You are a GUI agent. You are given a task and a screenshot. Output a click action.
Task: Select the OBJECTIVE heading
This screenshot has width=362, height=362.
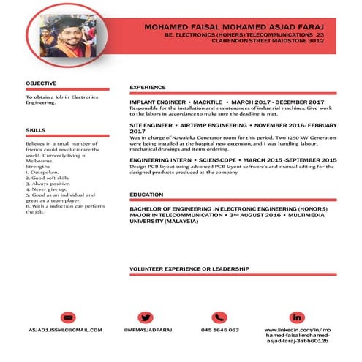pyautogui.click(x=40, y=84)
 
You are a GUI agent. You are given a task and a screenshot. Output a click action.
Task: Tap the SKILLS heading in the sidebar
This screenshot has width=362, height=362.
pyautogui.click(x=35, y=130)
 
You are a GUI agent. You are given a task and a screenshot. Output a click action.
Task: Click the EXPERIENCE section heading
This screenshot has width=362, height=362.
pyautogui.click(x=148, y=88)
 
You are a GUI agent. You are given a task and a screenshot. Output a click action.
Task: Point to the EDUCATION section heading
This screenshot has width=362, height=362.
pyautogui.click(x=146, y=194)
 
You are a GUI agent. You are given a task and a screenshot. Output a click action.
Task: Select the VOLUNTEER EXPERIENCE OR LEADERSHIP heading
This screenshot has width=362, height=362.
pyautogui.click(x=189, y=269)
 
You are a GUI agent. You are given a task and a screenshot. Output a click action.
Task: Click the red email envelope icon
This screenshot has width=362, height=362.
pyautogui.click(x=68, y=317)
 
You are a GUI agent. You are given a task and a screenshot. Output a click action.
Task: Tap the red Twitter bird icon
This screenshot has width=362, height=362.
pyautogui.click(x=145, y=317)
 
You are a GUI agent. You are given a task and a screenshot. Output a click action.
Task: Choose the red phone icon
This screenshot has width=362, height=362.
pyautogui.click(x=219, y=317)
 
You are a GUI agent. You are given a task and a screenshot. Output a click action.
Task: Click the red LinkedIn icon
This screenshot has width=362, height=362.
pyautogui.click(x=296, y=317)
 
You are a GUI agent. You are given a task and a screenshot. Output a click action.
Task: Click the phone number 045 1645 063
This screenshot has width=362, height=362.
pyautogui.click(x=219, y=330)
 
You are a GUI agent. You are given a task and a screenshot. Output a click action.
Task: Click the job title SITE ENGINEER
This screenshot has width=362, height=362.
pyautogui.click(x=151, y=126)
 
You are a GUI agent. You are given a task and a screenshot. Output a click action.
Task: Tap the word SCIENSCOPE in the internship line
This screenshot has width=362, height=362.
pyautogui.click(x=214, y=159)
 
